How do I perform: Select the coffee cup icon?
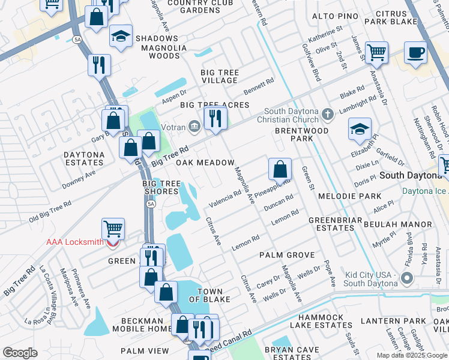tap(415, 53)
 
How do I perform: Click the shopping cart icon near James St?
tap(376, 53)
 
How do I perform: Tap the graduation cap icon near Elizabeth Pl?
tap(360, 129)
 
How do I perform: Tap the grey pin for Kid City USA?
tap(408, 278)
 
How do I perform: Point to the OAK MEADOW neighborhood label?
tap(205, 163)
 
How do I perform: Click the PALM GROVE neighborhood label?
tap(283, 255)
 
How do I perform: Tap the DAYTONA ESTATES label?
tap(84, 158)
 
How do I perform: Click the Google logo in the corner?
tap(20, 353)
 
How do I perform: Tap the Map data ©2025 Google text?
tap(411, 355)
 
